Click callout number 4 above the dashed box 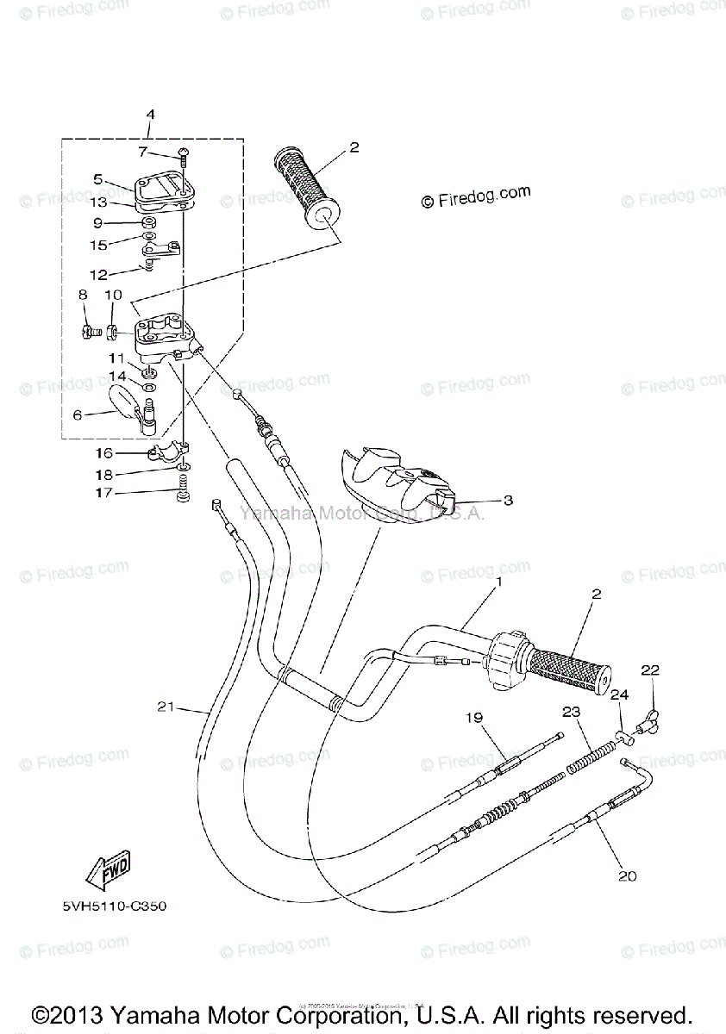150,115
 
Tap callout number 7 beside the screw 143,153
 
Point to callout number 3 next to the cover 508,500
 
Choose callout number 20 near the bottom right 627,876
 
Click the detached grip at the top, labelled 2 306,188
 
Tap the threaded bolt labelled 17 183,497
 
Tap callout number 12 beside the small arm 99,275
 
